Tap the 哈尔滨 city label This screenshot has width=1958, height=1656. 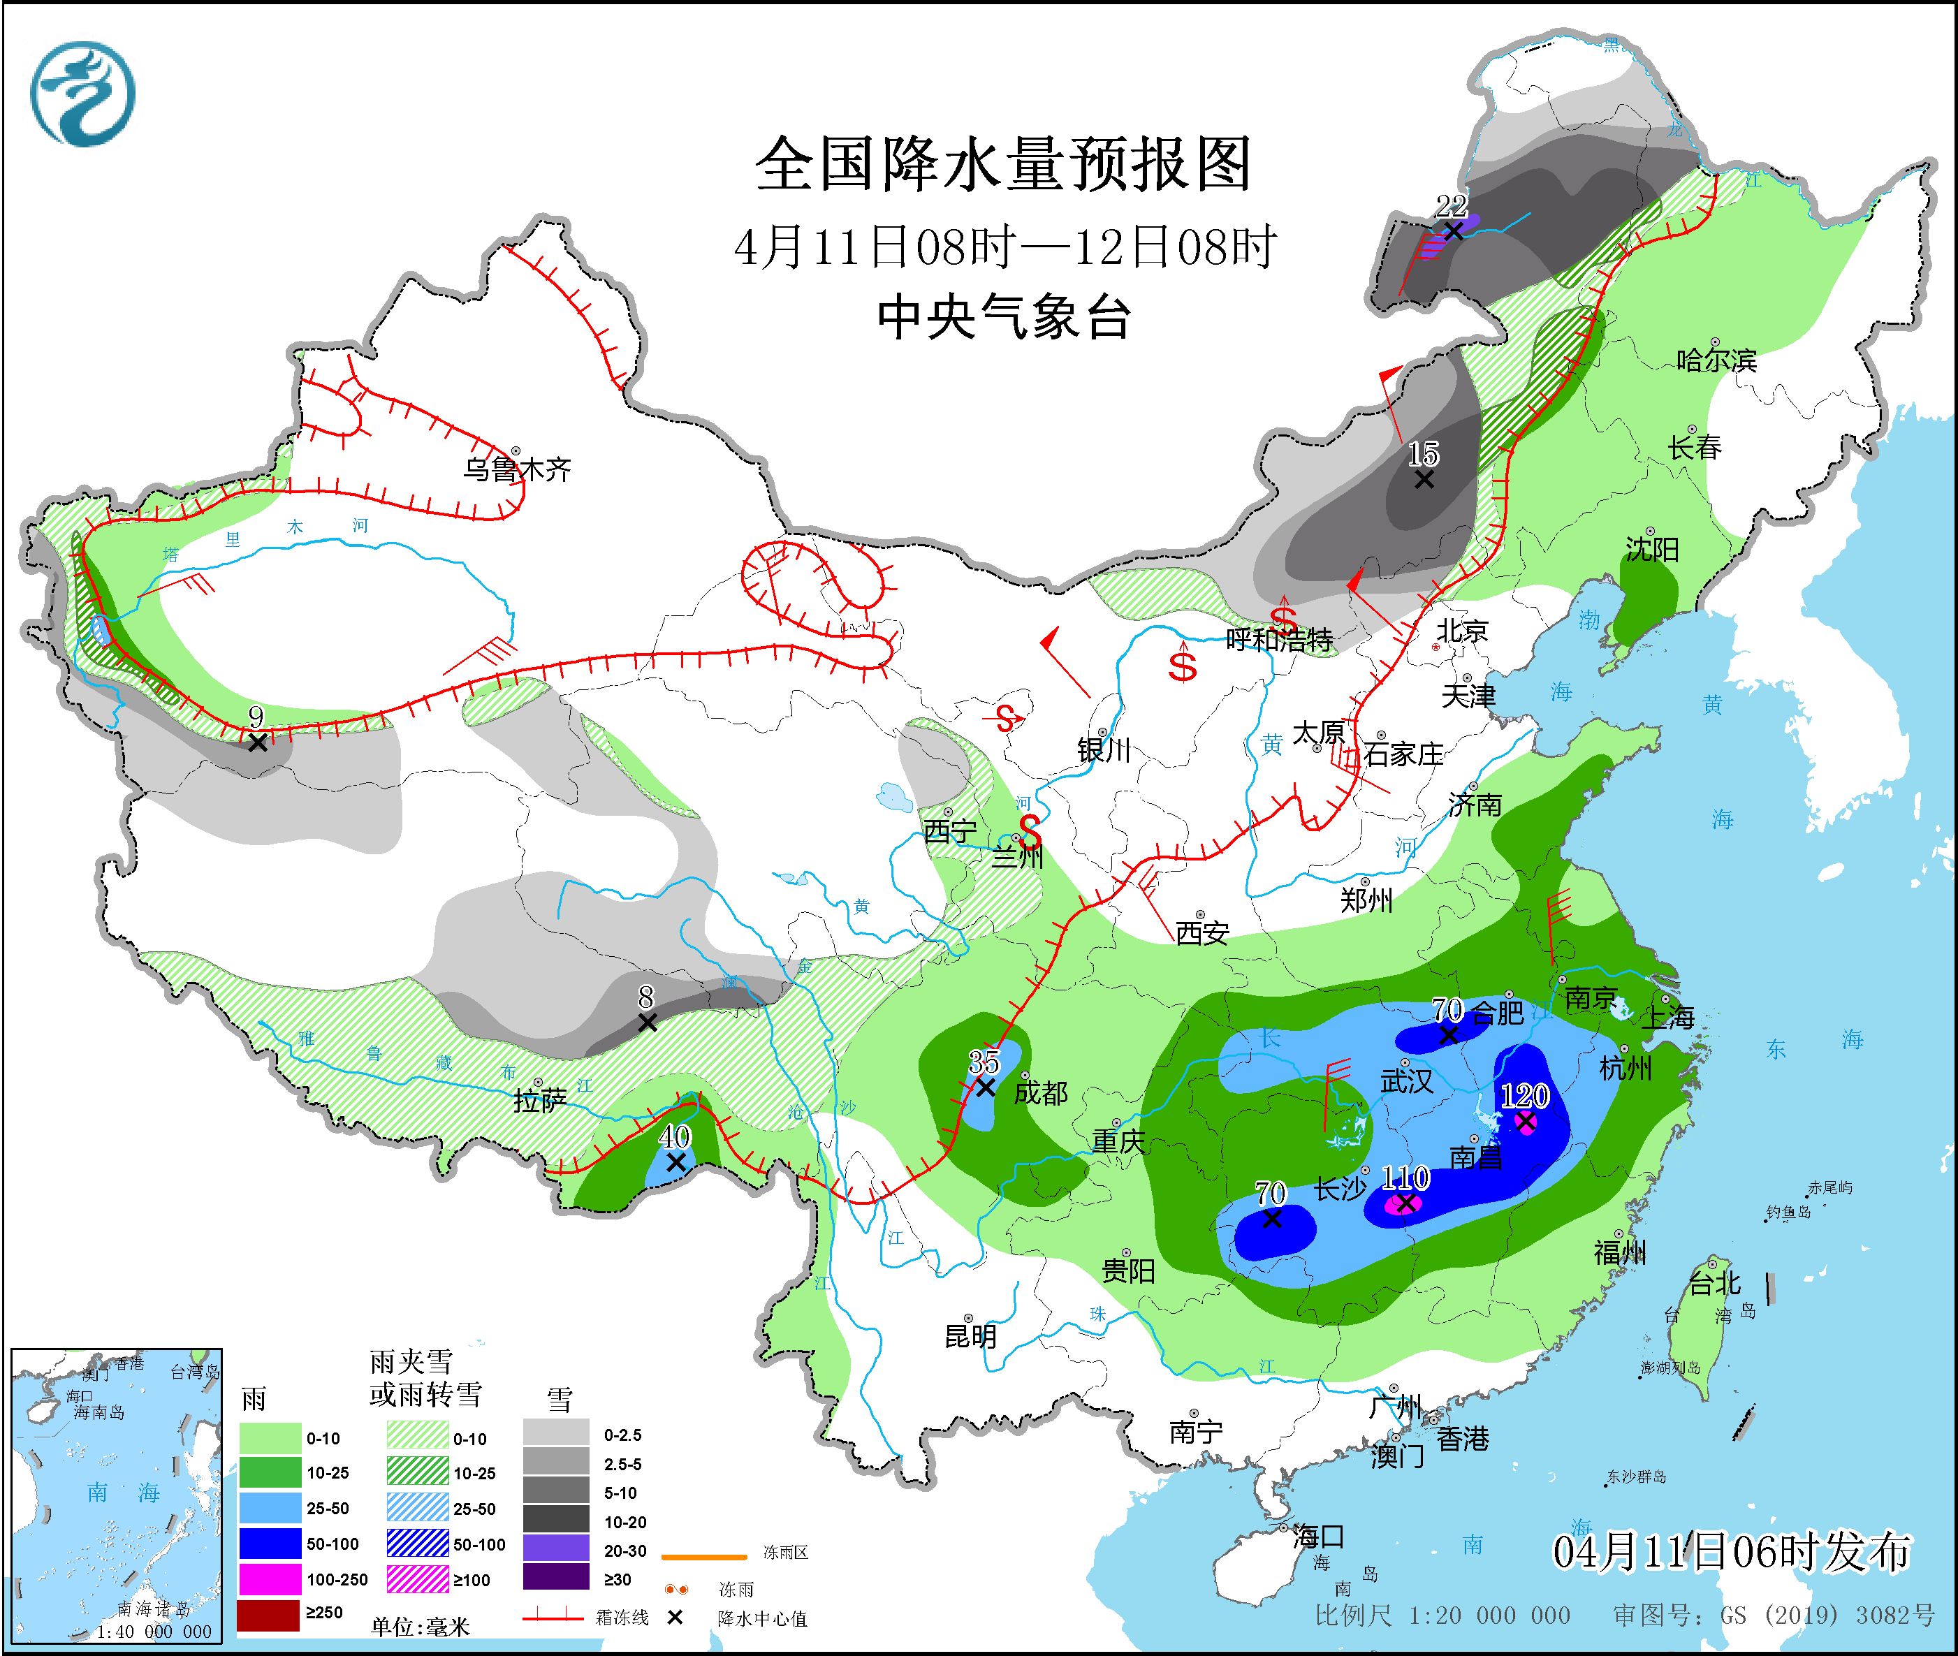point(1716,360)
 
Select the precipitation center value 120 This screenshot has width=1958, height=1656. point(1524,1096)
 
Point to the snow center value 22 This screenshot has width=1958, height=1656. point(1451,205)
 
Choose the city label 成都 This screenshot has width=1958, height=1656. point(1041,1093)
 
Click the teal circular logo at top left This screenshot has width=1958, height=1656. point(82,94)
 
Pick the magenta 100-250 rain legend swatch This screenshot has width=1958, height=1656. point(268,1579)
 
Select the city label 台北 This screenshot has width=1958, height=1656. point(1715,1283)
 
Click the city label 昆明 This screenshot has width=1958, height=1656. point(970,1336)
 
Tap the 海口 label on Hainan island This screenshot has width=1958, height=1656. point(1318,1537)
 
